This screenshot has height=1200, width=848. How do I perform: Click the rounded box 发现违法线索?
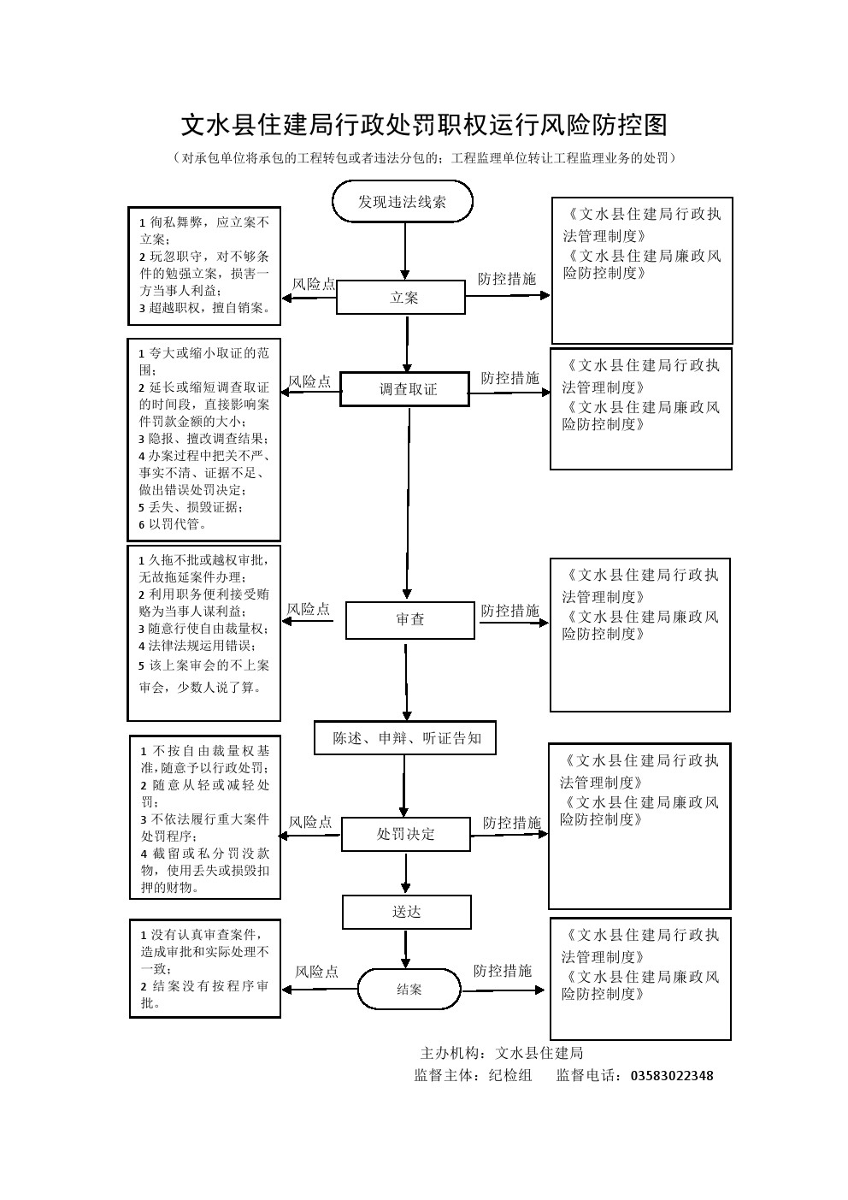tap(402, 202)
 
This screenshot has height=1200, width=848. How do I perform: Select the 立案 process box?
tap(401, 298)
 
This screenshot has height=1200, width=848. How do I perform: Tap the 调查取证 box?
tap(405, 389)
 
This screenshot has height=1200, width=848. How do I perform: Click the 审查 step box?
tap(409, 620)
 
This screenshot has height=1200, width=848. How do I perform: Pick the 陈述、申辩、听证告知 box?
tap(406, 737)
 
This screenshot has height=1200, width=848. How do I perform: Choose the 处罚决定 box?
tap(405, 834)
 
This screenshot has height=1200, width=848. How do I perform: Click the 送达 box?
tap(406, 912)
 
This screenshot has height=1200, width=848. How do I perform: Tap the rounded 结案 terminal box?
tap(409, 990)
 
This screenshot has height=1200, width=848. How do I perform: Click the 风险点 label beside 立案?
tap(314, 284)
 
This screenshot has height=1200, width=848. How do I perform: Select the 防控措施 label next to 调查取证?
tap(509, 378)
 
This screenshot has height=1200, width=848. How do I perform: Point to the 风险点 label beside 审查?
tap(308, 609)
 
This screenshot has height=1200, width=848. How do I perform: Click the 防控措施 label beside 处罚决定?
tap(511, 823)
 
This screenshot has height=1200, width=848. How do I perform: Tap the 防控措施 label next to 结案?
tap(503, 971)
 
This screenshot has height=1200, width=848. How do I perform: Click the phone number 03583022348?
tap(671, 1076)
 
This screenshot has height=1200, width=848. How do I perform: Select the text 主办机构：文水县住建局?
tap(502, 1053)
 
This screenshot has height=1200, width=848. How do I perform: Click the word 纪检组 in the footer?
tap(509, 1076)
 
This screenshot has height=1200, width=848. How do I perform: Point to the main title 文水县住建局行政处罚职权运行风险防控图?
tap(423, 126)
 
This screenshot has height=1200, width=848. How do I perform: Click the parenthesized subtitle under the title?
tap(423, 158)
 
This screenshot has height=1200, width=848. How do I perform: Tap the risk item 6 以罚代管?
tap(174, 524)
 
